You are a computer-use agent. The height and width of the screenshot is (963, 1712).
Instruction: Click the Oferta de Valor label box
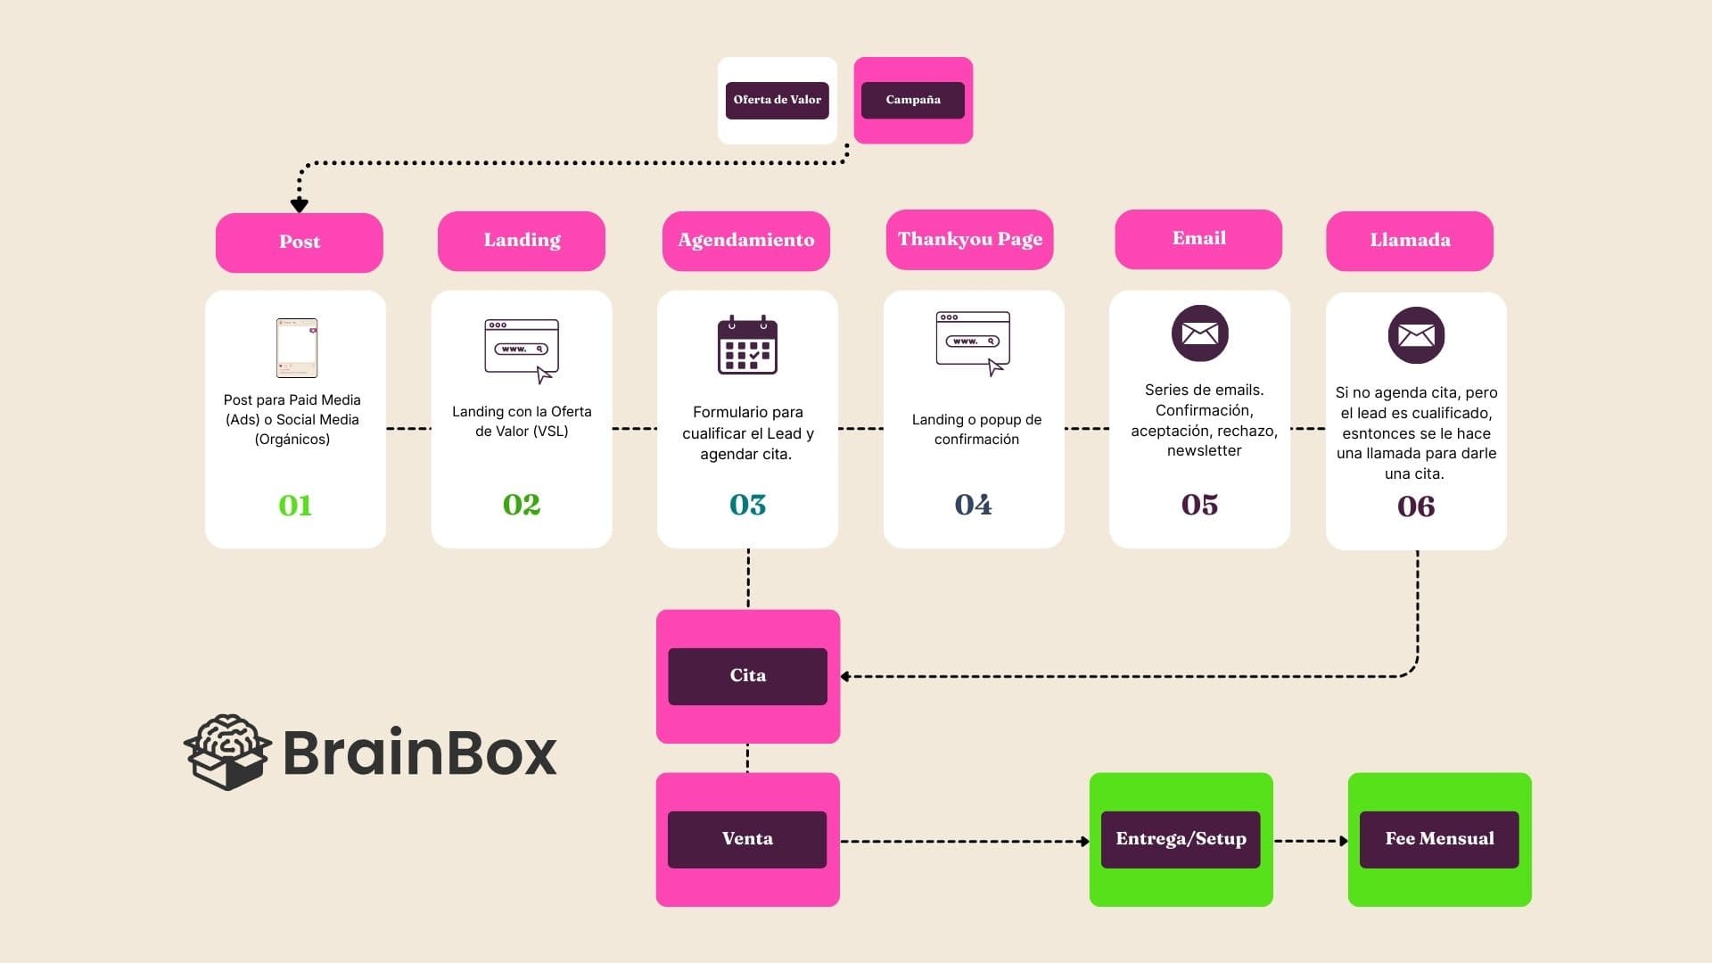coord(777,100)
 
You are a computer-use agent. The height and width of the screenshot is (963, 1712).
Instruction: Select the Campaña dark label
coord(912,100)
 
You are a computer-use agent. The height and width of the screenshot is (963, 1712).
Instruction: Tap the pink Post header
coord(299,242)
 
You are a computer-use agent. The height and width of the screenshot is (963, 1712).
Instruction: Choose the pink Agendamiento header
coord(745,241)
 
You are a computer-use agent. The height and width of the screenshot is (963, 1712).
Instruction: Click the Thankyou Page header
coord(969,239)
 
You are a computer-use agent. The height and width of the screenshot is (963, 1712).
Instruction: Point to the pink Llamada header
coord(1409,241)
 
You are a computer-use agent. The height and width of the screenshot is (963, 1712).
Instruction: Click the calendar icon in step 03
coord(747,345)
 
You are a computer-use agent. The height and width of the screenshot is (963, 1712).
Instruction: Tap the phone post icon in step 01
coord(296,348)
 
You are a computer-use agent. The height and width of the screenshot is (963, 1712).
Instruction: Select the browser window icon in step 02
coord(522,349)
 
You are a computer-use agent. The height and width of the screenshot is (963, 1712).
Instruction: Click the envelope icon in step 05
coord(1199,333)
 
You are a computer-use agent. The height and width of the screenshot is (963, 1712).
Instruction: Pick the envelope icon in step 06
coord(1416,335)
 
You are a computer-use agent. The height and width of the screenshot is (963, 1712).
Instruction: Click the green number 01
coord(295,506)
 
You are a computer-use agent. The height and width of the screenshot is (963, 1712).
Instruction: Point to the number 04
coord(973,505)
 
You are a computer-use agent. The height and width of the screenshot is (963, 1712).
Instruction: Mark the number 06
coord(1416,506)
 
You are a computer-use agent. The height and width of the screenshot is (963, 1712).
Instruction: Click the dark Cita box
coord(747,676)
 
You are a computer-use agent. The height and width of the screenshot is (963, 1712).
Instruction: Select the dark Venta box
coord(747,839)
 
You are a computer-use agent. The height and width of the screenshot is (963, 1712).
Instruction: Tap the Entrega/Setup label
coord(1181,839)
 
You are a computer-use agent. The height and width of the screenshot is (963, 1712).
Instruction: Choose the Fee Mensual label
coord(1439,839)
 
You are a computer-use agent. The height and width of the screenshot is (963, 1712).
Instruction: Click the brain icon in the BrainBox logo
coord(228,752)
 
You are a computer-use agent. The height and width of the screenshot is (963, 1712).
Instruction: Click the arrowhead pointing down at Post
coord(300,205)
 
